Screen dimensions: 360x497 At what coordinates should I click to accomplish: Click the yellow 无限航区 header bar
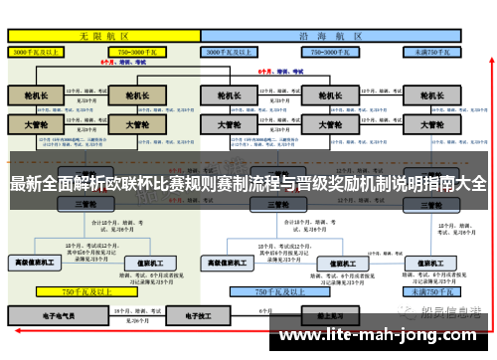103,33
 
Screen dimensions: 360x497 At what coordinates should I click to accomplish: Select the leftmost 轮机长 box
36,96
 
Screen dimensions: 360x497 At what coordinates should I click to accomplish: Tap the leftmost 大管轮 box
36,126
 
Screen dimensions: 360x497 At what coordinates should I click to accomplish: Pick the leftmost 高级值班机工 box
36,264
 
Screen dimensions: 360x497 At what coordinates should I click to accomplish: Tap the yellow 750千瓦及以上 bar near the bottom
84,292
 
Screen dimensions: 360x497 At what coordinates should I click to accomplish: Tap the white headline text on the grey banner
248,184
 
